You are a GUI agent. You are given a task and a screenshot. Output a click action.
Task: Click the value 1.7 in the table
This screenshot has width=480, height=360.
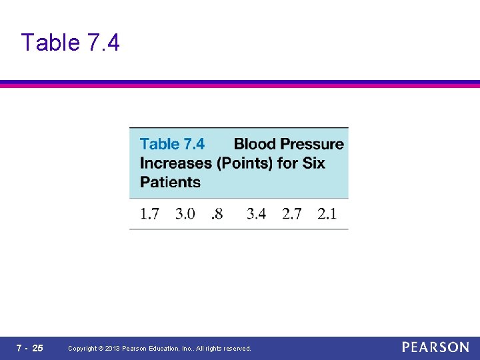pos(149,214)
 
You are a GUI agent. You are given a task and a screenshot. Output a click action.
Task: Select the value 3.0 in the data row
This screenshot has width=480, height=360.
pos(185,214)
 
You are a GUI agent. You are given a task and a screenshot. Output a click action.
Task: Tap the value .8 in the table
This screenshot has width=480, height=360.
pos(217,214)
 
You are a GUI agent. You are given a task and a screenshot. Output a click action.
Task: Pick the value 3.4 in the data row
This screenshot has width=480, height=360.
pos(256,214)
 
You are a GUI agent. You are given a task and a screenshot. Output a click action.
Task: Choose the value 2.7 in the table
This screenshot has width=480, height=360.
pos(291,214)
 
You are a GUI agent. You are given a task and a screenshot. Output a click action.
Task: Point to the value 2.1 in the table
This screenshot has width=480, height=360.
pos(327,214)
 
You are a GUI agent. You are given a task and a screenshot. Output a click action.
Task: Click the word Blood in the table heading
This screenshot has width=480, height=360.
pos(255,144)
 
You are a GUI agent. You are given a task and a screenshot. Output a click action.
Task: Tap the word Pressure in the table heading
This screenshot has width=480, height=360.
pos(312,144)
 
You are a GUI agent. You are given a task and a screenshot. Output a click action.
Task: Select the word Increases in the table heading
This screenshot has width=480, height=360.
pos(171,163)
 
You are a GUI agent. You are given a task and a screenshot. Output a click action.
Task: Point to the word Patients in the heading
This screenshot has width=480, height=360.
pos(170,181)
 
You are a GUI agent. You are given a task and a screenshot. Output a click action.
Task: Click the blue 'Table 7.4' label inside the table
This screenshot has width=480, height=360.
pos(172,144)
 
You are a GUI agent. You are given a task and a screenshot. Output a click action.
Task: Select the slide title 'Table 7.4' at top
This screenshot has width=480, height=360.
pos(70,43)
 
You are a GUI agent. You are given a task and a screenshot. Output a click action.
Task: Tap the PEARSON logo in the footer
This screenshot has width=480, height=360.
pos(435,347)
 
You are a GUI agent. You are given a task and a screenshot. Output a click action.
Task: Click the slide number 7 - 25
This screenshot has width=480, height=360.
pos(30,348)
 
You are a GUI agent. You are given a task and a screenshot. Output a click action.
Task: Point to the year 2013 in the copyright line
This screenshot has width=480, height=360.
pos(113,349)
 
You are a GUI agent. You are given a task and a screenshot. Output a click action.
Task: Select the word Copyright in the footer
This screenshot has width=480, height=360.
pos(83,349)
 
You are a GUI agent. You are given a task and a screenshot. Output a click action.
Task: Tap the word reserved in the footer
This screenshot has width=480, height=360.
pos(237,349)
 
